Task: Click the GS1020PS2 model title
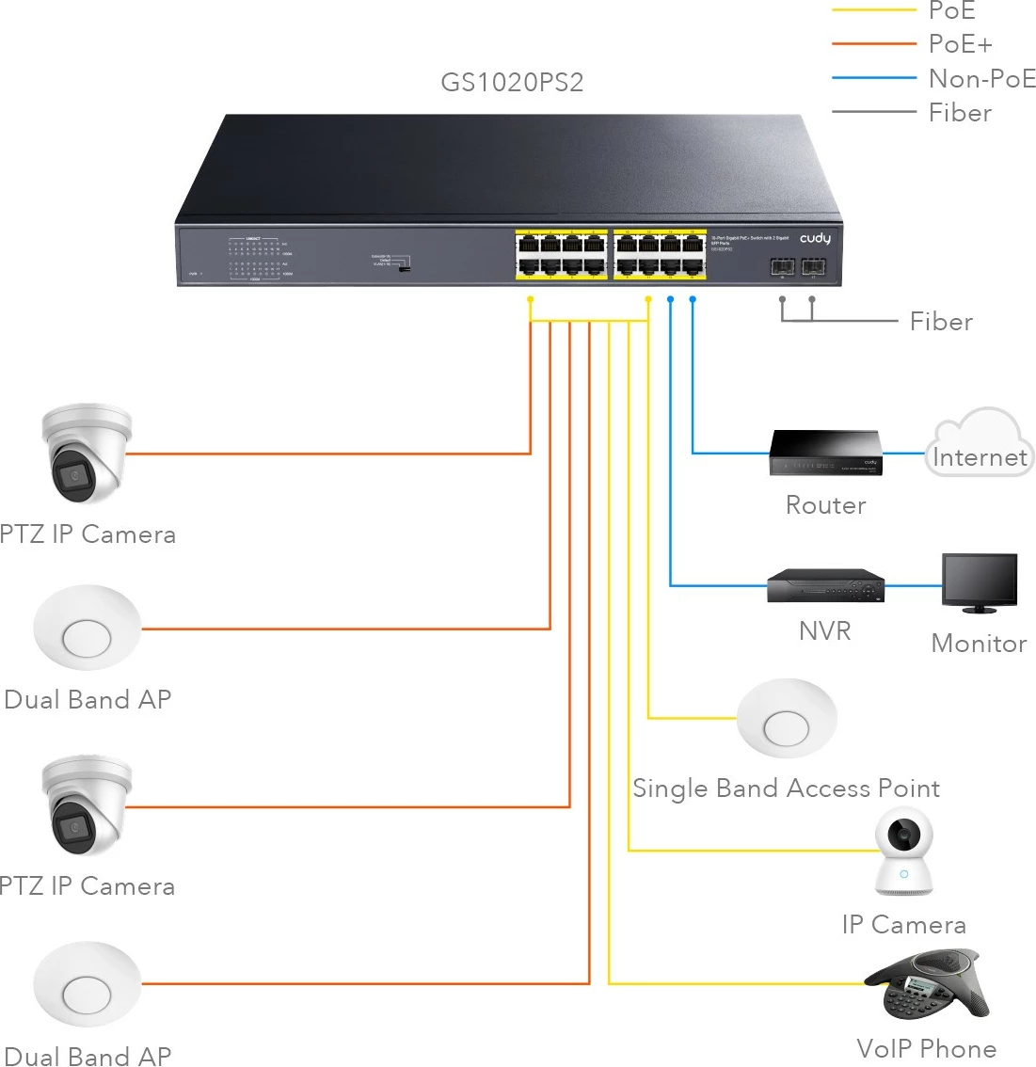512,83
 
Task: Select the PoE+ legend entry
959,44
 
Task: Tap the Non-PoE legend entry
980,79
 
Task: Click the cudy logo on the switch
815,239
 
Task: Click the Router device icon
826,453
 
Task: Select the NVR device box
825,586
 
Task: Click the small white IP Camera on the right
903,852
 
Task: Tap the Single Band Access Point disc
786,719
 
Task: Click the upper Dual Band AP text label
88,700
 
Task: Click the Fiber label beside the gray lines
940,322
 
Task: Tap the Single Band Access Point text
786,788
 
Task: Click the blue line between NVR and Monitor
913,585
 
